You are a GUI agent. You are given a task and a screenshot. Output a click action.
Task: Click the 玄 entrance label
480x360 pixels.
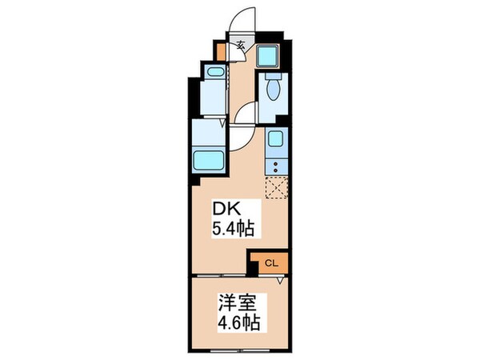[240, 46]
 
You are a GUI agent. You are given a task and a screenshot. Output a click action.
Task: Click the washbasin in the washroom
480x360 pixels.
[214, 72]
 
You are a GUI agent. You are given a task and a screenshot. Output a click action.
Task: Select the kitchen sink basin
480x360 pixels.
[276, 141]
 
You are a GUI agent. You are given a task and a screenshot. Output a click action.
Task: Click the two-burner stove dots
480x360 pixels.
[276, 167]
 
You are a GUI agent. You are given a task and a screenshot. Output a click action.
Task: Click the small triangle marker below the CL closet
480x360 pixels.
[280, 280]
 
